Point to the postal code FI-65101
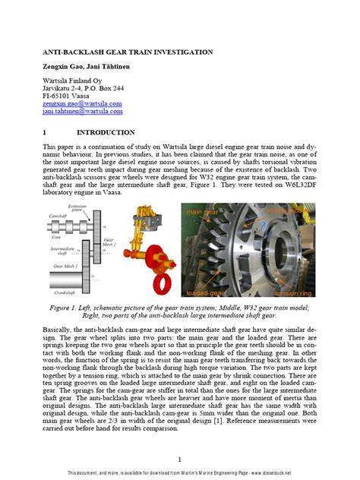(x=60, y=96)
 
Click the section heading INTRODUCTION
(x=112, y=131)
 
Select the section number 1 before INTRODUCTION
(x=44, y=131)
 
